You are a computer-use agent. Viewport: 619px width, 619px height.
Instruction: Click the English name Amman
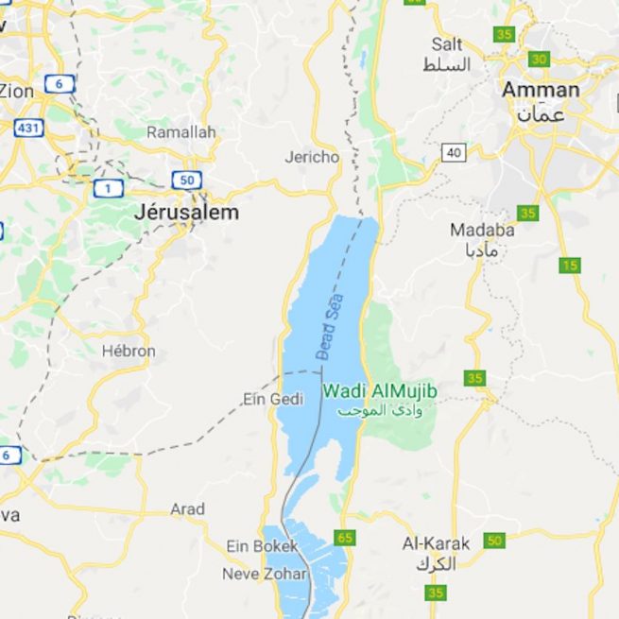[x=541, y=90]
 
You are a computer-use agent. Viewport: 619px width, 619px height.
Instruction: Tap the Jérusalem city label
[x=186, y=213]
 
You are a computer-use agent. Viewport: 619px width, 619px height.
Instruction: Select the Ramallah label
[x=181, y=132]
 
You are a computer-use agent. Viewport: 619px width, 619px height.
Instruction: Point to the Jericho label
[x=312, y=157]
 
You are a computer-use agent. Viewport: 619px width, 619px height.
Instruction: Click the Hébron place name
[x=129, y=351]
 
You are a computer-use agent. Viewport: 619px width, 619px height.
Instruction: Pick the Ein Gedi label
[x=273, y=399]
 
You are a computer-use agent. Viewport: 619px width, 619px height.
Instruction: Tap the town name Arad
[x=187, y=509]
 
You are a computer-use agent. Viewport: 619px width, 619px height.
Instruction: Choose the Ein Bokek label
[x=262, y=546]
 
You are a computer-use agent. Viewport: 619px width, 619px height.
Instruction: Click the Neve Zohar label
[x=265, y=574]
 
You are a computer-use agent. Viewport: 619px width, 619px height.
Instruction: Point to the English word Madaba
[x=482, y=230]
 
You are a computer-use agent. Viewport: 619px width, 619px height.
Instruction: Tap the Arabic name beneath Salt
[x=446, y=65]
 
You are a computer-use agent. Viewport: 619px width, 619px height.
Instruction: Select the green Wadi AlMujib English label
[x=380, y=390]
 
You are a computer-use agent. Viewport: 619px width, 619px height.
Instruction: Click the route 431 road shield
[x=28, y=127]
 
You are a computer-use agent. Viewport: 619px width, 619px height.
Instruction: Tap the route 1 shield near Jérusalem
[x=108, y=189]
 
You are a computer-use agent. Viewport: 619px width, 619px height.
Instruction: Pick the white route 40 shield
[x=455, y=152]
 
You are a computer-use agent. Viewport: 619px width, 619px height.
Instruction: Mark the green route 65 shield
[x=345, y=538]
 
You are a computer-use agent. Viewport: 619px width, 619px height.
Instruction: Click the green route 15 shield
[x=569, y=266]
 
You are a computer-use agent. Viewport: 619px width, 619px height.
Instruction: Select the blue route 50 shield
[x=185, y=180]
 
